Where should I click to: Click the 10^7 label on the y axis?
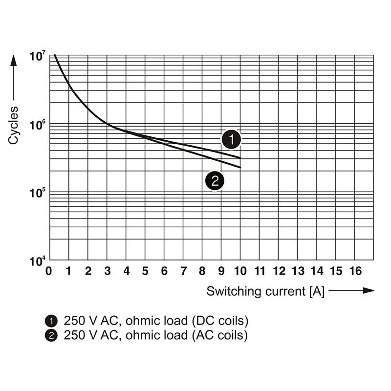(38, 56)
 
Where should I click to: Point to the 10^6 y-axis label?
(38, 125)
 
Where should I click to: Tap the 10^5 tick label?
(38, 193)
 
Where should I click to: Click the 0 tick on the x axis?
(48, 271)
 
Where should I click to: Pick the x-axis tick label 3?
(107, 271)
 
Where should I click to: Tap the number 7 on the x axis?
(183, 271)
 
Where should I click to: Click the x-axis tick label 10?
(240, 271)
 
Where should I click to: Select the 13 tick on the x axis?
(298, 271)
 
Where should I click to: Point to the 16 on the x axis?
(355, 271)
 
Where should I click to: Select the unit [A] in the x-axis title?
(316, 291)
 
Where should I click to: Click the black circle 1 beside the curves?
(231, 140)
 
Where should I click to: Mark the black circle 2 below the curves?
(215, 181)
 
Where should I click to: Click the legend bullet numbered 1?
(50, 321)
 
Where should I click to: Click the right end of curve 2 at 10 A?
(240, 168)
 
